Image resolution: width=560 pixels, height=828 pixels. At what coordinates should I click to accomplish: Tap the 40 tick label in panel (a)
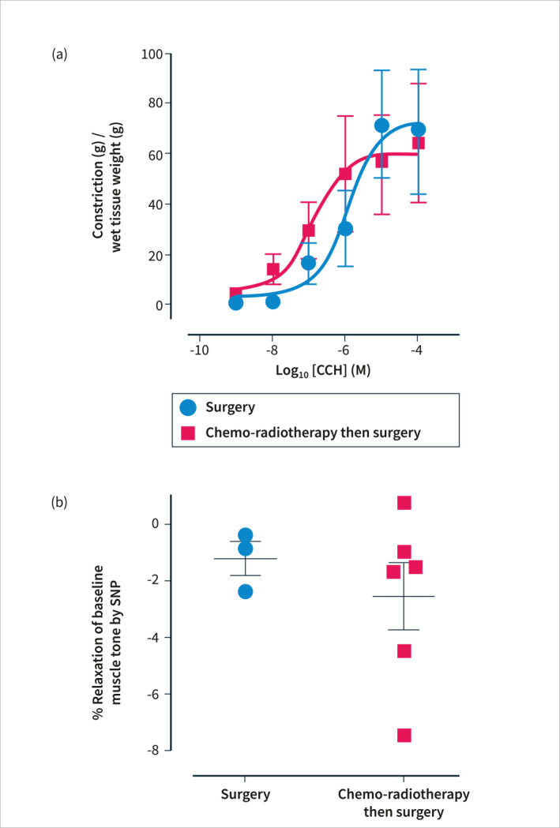point(153,204)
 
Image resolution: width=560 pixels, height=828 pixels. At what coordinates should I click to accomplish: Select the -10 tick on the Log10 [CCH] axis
point(197,351)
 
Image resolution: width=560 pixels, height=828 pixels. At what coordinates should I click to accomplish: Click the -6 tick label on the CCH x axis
point(344,351)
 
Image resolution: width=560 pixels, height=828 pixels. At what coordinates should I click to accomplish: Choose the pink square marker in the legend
point(188,433)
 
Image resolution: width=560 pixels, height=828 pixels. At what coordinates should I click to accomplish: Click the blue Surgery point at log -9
point(235,302)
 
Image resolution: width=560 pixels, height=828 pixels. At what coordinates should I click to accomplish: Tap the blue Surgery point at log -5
point(381,125)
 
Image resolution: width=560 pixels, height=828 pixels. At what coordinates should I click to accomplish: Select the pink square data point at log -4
point(419,143)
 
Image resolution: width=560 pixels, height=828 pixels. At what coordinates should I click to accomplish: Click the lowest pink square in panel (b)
point(404,735)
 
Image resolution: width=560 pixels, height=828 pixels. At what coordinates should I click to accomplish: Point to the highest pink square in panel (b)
point(404,503)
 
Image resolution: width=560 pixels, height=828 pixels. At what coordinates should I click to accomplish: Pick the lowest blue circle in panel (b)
point(245,591)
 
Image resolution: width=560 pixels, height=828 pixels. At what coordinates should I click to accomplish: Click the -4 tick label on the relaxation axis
point(155,637)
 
